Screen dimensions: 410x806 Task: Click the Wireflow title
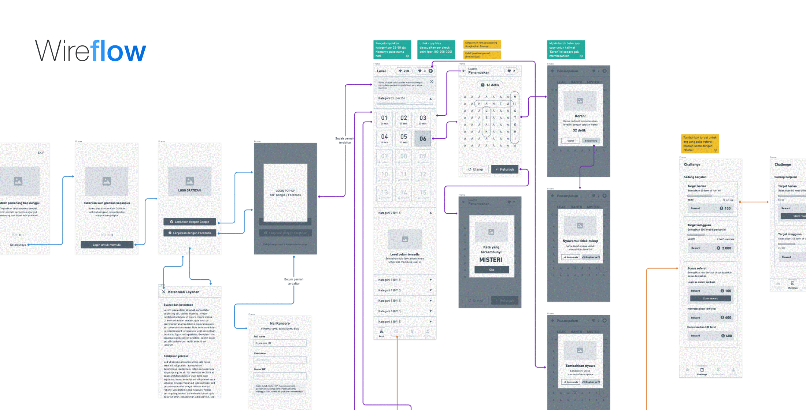90,51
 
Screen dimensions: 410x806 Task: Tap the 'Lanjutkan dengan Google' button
189,222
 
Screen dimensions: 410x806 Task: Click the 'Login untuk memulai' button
107,245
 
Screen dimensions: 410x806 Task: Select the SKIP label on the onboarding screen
41,153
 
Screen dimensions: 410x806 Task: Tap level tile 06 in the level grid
423,139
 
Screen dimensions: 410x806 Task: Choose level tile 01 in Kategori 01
384,119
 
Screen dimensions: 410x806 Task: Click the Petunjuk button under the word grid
505,169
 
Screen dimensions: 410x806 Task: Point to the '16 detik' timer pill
490,85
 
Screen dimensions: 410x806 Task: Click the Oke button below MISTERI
492,270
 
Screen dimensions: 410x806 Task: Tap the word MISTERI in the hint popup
491,260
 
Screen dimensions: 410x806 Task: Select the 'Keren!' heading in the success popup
580,116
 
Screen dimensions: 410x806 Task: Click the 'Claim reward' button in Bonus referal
710,298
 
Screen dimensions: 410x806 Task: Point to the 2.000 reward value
726,248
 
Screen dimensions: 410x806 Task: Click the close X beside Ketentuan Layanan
163,292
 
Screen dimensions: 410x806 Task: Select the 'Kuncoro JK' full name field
280,343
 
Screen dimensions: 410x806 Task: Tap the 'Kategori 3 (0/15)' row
404,280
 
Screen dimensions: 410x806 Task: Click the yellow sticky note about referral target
700,143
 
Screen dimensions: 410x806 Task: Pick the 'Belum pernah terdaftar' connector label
293,281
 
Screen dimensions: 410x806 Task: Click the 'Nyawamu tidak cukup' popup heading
580,241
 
